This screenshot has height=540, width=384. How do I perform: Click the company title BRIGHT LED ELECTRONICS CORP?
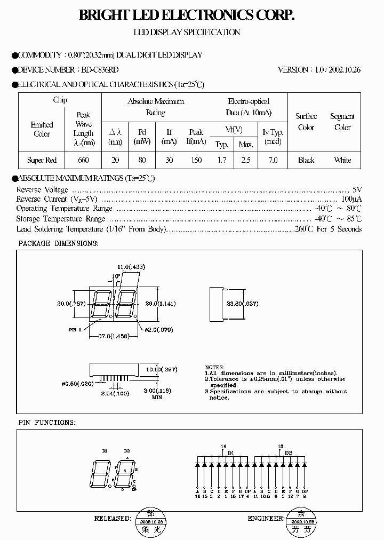pos(186,16)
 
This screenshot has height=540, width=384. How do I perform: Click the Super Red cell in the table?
pos(42,160)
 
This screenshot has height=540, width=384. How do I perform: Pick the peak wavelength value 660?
pos(83,160)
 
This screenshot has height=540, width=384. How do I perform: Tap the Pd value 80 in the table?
pos(142,160)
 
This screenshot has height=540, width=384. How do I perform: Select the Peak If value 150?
pos(196,160)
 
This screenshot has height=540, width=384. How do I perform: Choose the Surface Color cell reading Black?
pos(306,160)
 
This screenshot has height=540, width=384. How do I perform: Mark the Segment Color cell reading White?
pos(342,160)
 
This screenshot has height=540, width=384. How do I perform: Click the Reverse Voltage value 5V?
pos(357,189)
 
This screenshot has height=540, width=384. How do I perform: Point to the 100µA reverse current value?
pos(352,199)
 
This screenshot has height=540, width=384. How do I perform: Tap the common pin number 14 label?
pos(223,446)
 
